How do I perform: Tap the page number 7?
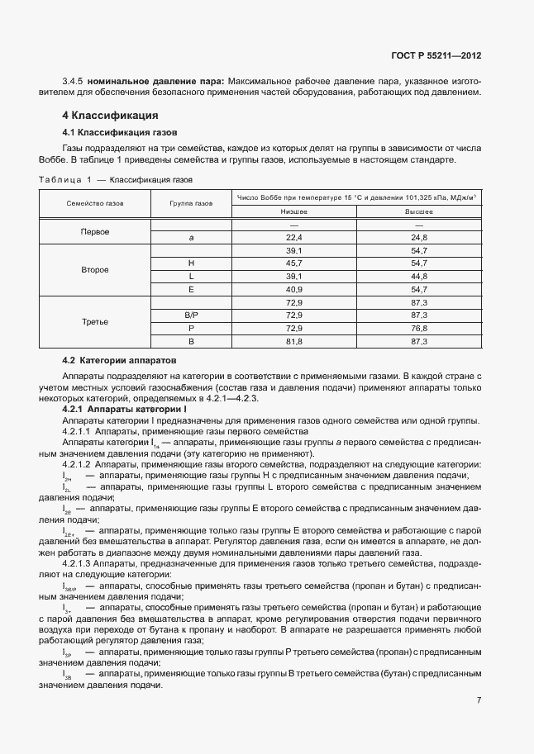(x=479, y=700)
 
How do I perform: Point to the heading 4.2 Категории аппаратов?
(x=121, y=361)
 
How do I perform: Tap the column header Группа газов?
(x=191, y=203)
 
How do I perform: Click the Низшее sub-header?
(x=294, y=211)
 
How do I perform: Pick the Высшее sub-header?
(x=418, y=211)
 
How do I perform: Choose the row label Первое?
(x=95, y=231)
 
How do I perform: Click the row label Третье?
(x=95, y=322)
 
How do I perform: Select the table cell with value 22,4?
(x=294, y=238)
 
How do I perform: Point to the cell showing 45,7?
(x=294, y=263)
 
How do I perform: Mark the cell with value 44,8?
(x=418, y=276)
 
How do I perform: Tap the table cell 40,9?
(x=294, y=289)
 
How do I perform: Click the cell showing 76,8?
(x=418, y=328)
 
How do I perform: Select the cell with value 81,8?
(x=294, y=341)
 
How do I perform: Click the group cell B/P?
(x=191, y=315)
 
